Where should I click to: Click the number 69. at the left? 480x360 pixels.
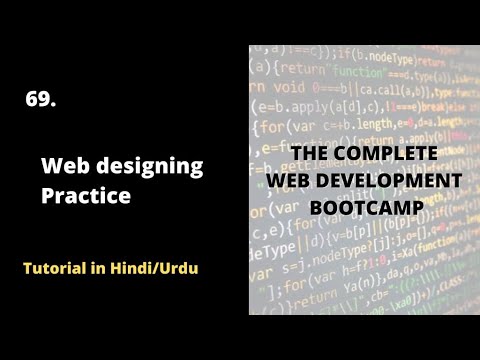(41, 100)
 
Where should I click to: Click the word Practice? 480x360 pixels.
(86, 196)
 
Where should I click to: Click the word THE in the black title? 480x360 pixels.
(309, 154)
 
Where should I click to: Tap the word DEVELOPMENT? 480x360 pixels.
(397, 180)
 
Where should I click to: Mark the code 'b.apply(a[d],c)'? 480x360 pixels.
(321, 106)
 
